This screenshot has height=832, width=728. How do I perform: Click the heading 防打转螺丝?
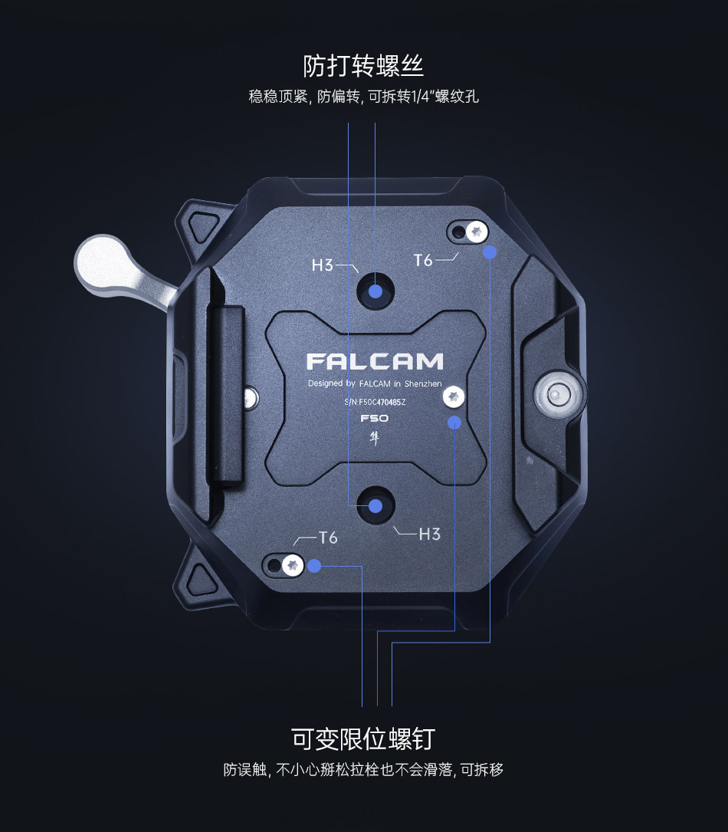363,66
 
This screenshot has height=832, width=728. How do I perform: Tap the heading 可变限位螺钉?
363,739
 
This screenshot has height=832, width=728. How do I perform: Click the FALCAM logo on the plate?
375,361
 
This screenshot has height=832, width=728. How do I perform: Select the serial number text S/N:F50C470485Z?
375,402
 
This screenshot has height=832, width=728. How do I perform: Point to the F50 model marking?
375,419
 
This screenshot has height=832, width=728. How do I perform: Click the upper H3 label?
323,266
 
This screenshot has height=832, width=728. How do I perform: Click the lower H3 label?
429,534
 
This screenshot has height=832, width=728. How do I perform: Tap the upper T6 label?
423,261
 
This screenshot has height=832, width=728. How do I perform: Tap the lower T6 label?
328,538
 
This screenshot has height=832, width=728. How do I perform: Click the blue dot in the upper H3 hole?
375,291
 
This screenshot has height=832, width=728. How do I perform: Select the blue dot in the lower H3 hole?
375,505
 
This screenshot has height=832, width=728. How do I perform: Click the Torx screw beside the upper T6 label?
477,231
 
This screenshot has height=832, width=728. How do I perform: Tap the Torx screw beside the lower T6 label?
292,566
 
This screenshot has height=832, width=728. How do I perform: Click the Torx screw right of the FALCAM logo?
454,396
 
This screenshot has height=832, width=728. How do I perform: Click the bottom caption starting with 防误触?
363,770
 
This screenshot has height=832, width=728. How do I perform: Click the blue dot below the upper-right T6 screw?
490,252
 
